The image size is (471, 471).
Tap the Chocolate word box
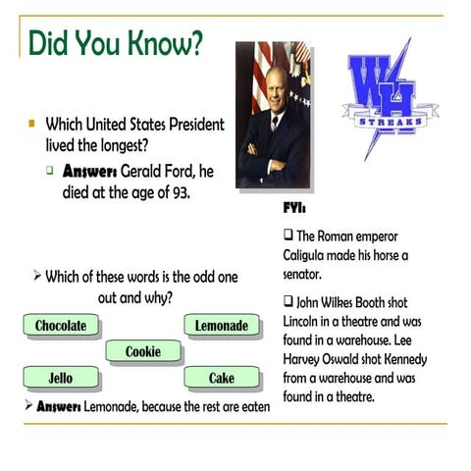pyautogui.click(x=61, y=326)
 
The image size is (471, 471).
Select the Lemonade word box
pyautogui.click(x=222, y=326)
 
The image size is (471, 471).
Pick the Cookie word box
pyautogui.click(x=143, y=352)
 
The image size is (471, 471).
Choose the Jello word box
pyautogui.click(x=61, y=378)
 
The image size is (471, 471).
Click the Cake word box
pyautogui.click(x=222, y=378)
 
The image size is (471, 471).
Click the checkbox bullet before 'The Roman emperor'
pyautogui.click(x=288, y=236)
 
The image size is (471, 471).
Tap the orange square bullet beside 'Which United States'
pyautogui.click(x=31, y=125)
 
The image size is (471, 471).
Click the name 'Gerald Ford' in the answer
pyautogui.click(x=151, y=172)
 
